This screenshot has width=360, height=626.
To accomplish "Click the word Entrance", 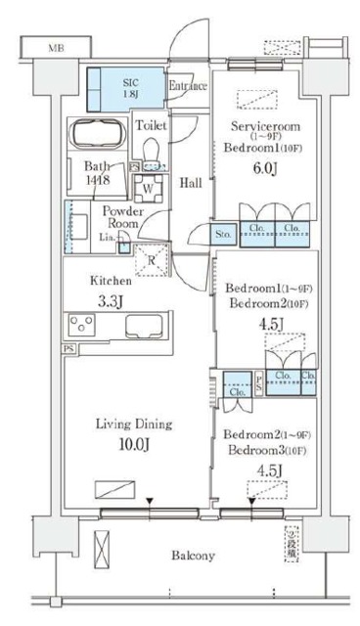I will click(187, 86).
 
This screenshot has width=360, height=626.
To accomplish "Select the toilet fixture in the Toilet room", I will click(151, 152).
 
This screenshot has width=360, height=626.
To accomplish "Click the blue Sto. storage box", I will click(224, 234).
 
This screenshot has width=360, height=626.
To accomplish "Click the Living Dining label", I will click(134, 425).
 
